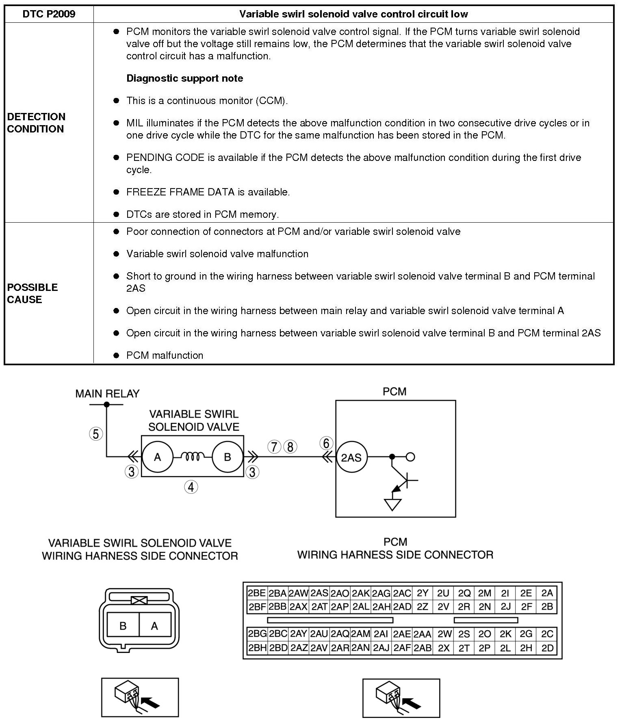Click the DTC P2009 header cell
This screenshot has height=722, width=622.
pos(49,14)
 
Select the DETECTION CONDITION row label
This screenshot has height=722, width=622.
pos(36,123)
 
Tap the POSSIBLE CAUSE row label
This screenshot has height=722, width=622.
pos(33,293)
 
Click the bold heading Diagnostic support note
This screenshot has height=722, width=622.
pos(185,78)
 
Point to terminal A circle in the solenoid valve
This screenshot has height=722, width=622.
pos(157,457)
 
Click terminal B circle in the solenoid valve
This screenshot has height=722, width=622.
pos(228,457)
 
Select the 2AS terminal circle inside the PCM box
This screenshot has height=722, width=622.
pos(351,458)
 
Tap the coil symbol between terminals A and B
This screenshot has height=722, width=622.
pos(193,457)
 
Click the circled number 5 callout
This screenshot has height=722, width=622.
pos(96,434)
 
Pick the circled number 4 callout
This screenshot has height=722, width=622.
pos(191,487)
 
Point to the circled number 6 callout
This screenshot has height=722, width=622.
pos(326,443)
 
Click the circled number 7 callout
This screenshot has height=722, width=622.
pos(274,447)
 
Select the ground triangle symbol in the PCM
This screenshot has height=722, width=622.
pos(392,504)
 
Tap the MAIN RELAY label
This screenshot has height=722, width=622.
pos(107,393)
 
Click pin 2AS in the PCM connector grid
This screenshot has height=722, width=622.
pos(320,594)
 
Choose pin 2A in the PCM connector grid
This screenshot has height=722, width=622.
pos(547,594)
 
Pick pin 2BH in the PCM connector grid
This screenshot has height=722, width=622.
pos(257,648)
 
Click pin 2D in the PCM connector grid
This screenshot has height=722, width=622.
pos(547,648)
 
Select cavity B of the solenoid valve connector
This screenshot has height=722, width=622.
pos(123,626)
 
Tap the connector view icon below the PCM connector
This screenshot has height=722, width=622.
pos(401,698)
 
